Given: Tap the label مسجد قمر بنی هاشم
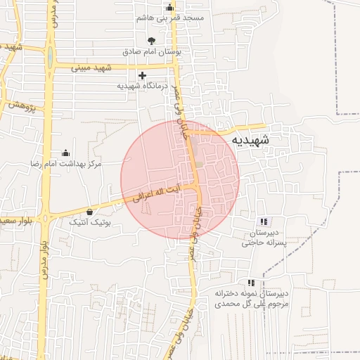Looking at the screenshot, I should (174, 16).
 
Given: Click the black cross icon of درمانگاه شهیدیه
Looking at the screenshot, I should (143, 75).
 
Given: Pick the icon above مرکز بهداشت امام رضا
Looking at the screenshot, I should (65, 153).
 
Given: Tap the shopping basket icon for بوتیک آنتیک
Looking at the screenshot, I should (89, 212).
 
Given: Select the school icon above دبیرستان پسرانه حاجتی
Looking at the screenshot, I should (263, 221).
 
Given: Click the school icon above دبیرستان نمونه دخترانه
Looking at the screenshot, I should (251, 283).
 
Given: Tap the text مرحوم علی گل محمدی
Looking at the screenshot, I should (252, 304).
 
